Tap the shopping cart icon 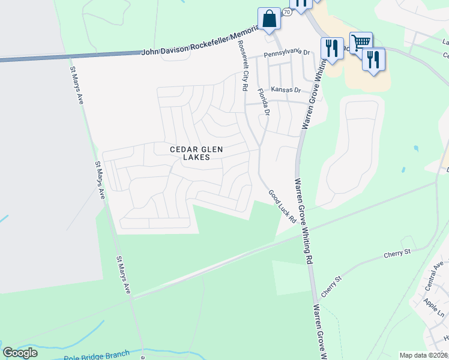[360, 43]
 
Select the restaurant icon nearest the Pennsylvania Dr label [332, 49]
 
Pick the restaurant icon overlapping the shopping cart [374, 59]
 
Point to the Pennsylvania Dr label [288, 53]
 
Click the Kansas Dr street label [285, 89]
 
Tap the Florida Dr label [262, 102]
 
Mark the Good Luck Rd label [282, 206]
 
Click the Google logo [20, 353]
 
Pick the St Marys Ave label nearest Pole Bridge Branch [123, 275]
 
